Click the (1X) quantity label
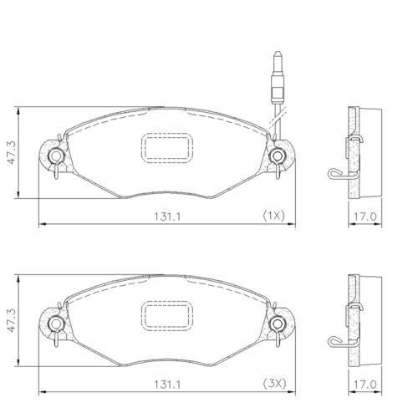pyautogui.click(x=273, y=216)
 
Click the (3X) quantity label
pyautogui.click(x=273, y=384)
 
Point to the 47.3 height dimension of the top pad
pyautogui.click(x=8, y=154)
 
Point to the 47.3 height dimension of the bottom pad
pyautogui.click(x=8, y=321)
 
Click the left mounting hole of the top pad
pyautogui.click(x=56, y=155)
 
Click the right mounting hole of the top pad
pyautogui.click(x=278, y=155)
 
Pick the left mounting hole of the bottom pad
pyautogui.click(x=56, y=323)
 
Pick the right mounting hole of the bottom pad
pyautogui.click(x=278, y=323)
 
